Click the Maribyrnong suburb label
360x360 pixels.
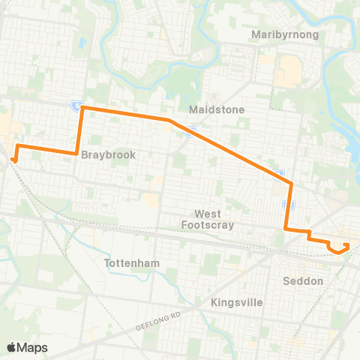tap(286, 35)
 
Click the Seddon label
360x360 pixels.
tap(304, 281)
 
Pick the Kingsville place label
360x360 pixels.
tap(237, 302)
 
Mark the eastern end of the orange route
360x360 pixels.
tap(346, 244)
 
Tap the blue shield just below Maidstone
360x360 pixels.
tap(192, 132)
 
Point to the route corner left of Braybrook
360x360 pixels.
tap(77, 154)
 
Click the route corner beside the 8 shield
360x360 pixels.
tap(82, 108)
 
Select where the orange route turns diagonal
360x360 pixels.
tap(170, 120)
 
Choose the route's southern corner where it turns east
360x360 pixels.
tap(286, 229)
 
